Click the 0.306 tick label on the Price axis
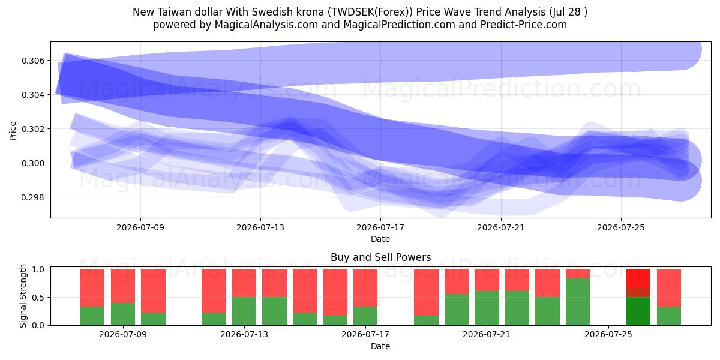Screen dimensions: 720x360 point(34,61)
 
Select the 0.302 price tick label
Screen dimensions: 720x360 point(34,129)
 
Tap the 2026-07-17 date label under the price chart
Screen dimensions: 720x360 point(380,227)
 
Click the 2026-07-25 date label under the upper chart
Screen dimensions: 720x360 point(621,227)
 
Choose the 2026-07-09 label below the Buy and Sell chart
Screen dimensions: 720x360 point(123,334)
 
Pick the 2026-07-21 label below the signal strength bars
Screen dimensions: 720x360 point(487,334)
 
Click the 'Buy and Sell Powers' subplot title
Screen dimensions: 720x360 point(380,257)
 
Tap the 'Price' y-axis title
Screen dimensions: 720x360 point(13,131)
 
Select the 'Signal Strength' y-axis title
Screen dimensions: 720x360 point(23,296)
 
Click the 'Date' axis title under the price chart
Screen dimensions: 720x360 point(380,239)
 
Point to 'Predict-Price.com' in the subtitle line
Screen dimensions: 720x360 point(524,25)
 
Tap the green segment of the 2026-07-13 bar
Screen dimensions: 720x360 point(244,311)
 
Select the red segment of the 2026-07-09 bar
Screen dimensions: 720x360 point(123,286)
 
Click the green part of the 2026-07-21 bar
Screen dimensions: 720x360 point(487,308)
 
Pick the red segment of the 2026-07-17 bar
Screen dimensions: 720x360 point(365,288)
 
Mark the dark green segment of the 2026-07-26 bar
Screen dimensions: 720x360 point(638,311)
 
